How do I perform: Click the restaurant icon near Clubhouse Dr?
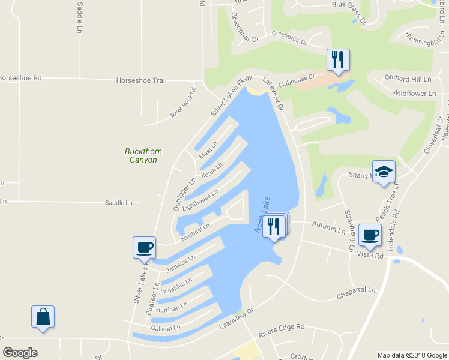pyautogui.click(x=338, y=60)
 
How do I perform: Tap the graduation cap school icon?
pyautogui.click(x=384, y=172)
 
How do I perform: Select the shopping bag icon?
pyautogui.click(x=43, y=317)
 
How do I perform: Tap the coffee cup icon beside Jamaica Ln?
pyautogui.click(x=144, y=247)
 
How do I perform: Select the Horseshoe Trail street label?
pyautogui.click(x=142, y=80)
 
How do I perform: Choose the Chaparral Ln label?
pyautogui.click(x=355, y=290)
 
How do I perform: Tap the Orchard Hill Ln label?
pyautogui.click(x=408, y=79)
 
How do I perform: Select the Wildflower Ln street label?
pyautogui.click(x=414, y=94)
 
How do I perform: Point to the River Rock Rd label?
pyautogui.click(x=184, y=103)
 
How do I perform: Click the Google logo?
pyautogui.click(x=20, y=353)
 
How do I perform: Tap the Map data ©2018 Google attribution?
pyautogui.click(x=411, y=355)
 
